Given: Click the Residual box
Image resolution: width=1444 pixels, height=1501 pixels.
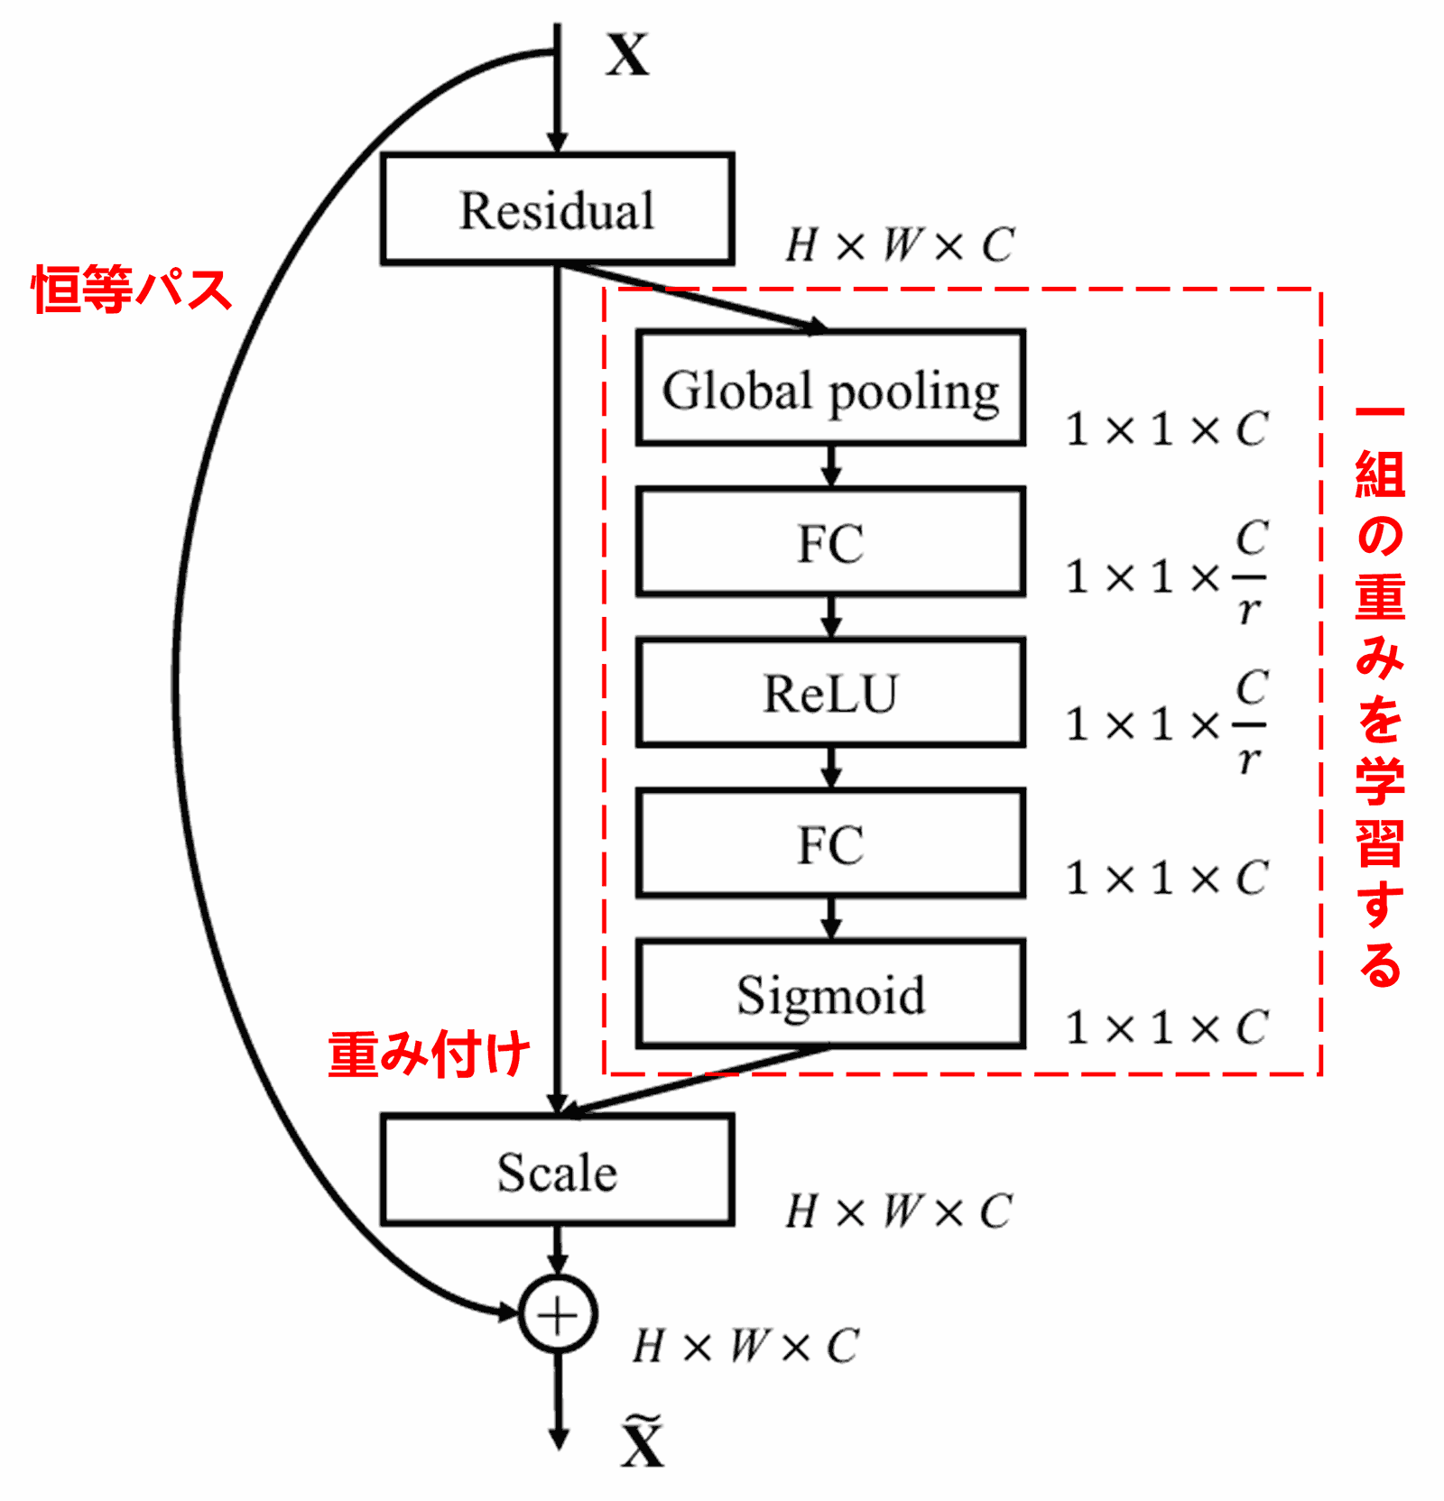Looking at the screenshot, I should (557, 209).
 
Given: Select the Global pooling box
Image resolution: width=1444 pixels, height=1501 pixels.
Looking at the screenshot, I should (830, 388).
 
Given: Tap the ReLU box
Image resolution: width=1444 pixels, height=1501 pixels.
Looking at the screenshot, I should (830, 693).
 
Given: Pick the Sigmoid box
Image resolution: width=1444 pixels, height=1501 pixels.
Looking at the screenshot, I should (830, 994).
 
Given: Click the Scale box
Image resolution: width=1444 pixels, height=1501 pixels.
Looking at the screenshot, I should (557, 1171).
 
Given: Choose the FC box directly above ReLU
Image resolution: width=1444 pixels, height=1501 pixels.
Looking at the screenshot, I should (830, 542).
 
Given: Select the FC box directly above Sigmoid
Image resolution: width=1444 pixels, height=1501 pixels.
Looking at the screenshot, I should (830, 844).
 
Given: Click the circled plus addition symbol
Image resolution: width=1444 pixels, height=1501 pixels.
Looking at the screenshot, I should (558, 1315).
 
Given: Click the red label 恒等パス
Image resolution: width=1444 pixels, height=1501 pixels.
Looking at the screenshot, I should (132, 290).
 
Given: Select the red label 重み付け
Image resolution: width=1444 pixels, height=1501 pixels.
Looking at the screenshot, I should (429, 1054).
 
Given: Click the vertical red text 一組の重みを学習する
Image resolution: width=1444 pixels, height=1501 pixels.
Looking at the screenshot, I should (1380, 695).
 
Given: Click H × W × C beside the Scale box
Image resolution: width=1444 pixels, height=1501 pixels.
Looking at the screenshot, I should (899, 1211).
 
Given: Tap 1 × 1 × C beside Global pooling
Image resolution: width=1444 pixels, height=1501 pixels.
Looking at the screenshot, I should (1167, 428).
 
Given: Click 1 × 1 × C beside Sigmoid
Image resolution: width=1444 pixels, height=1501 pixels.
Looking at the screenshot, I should (1167, 1027).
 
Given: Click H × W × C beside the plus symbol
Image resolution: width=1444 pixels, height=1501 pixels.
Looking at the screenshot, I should (745, 1346).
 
